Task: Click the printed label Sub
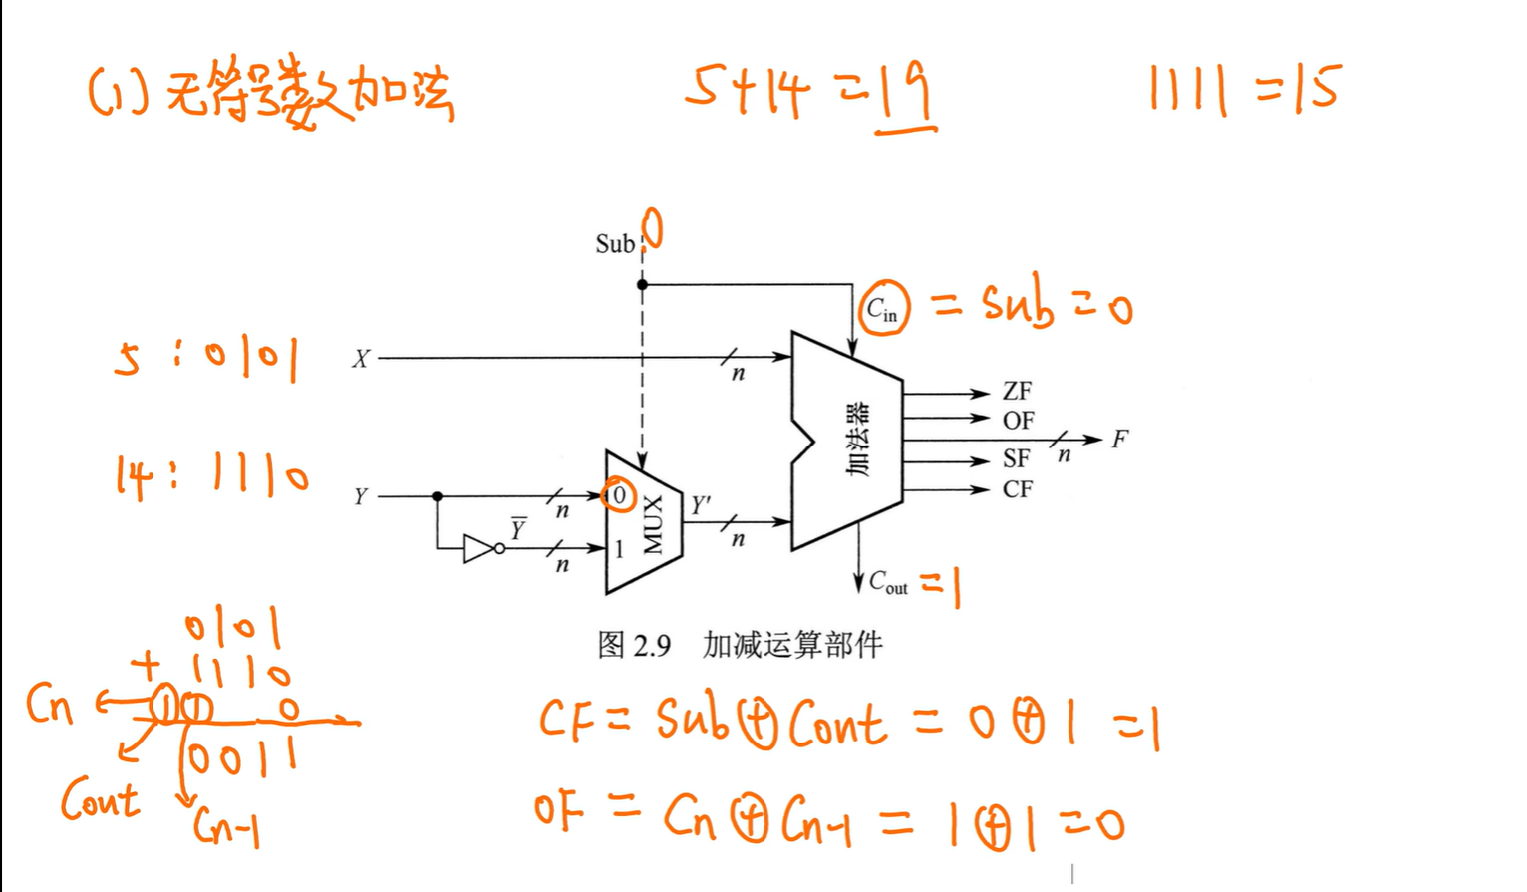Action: [614, 244]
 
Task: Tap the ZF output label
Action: [1017, 391]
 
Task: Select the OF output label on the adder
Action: [1018, 421]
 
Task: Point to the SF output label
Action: [1016, 458]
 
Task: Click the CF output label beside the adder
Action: [1017, 489]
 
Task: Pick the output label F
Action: [1120, 439]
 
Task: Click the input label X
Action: [360, 359]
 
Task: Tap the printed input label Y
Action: [360, 496]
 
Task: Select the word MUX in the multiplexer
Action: [653, 524]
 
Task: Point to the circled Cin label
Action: [882, 309]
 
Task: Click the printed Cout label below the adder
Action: [888, 582]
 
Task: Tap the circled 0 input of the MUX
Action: [619, 495]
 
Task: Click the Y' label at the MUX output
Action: [702, 505]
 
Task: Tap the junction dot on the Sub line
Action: [642, 285]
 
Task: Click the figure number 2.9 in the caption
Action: [651, 646]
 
